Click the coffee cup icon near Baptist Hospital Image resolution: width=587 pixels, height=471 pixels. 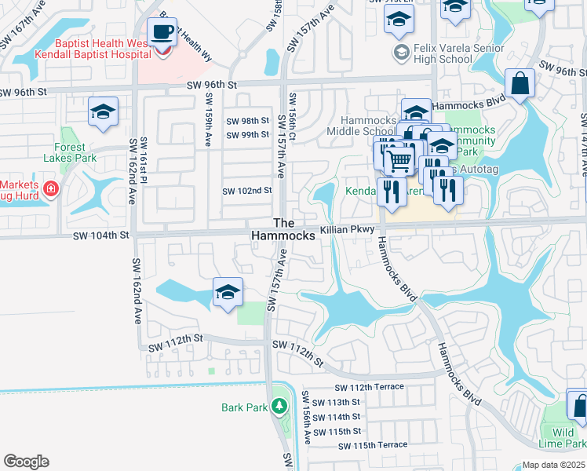pyautogui.click(x=162, y=32)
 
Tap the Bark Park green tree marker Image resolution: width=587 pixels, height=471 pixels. pyautogui.click(x=279, y=407)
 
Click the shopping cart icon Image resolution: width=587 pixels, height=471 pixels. pyautogui.click(x=399, y=160)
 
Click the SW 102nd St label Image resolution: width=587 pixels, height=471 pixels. pyautogui.click(x=246, y=191)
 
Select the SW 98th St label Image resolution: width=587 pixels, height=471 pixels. pyautogui.click(x=247, y=121)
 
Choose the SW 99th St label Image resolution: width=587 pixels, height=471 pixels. pyautogui.click(x=247, y=135)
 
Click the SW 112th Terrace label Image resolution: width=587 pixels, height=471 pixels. pyautogui.click(x=369, y=387)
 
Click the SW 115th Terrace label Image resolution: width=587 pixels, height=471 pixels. pyautogui.click(x=373, y=446)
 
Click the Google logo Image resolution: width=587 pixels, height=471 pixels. pyautogui.click(x=26, y=462)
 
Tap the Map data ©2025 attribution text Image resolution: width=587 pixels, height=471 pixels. pyautogui.click(x=553, y=465)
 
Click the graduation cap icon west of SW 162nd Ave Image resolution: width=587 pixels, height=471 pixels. pyautogui.click(x=103, y=112)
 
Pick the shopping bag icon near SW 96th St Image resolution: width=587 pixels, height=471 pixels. pyautogui.click(x=520, y=83)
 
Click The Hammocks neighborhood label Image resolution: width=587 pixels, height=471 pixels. pyautogui.click(x=283, y=229)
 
